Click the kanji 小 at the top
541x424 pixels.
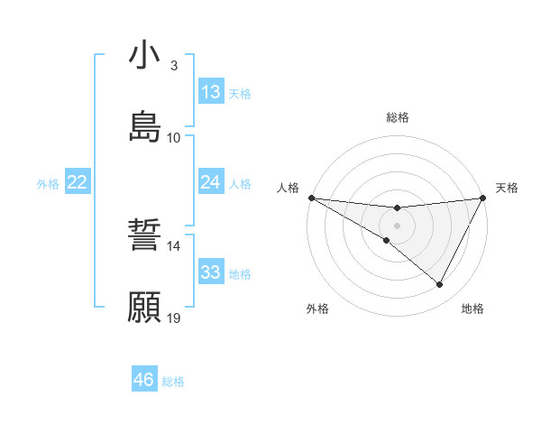pyautogui.click(x=145, y=56)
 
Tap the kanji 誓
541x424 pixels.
pyautogui.click(x=145, y=238)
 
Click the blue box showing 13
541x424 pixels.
pyautogui.click(x=211, y=92)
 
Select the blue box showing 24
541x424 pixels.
pyautogui.click(x=211, y=182)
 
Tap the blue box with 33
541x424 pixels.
pyautogui.click(x=211, y=272)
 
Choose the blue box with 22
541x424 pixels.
pyautogui.click(x=78, y=182)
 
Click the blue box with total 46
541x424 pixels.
pyautogui.click(x=144, y=380)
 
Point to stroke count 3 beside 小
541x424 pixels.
pyautogui.click(x=174, y=66)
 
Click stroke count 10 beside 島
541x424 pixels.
pyautogui.click(x=174, y=137)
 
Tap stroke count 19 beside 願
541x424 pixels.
pyautogui.click(x=174, y=318)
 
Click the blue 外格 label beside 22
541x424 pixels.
pyautogui.click(x=48, y=183)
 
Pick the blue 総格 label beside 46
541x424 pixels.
pyautogui.click(x=173, y=382)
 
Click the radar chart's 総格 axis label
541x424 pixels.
pyautogui.click(x=398, y=117)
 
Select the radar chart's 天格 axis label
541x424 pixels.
pyautogui.click(x=507, y=188)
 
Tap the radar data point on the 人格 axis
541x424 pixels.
pyautogui.click(x=311, y=198)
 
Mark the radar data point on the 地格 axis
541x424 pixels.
pyautogui.click(x=440, y=285)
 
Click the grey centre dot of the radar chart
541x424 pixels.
pyautogui.click(x=397, y=225)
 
